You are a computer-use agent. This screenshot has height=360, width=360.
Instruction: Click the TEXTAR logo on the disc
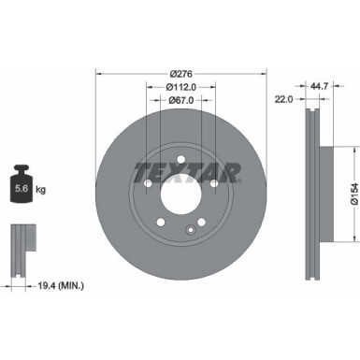[x=188, y=171]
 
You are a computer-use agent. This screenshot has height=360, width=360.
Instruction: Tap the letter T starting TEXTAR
[x=140, y=171]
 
